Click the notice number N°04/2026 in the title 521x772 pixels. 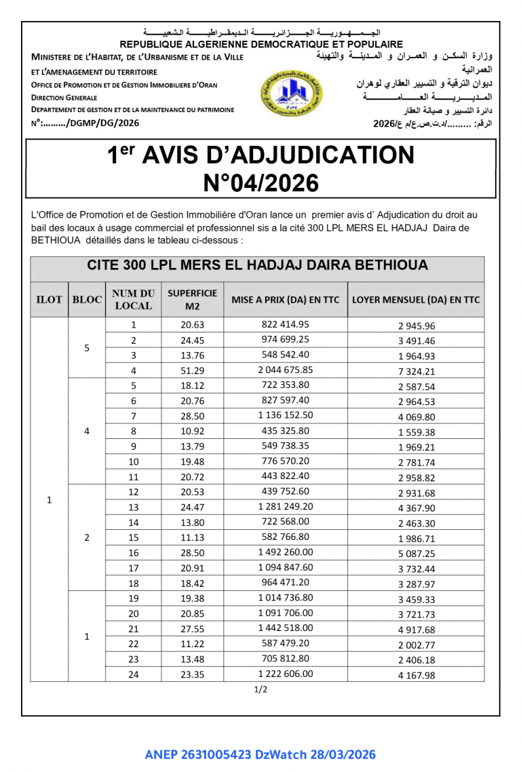(260, 183)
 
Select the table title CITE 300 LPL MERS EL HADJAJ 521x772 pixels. (257, 265)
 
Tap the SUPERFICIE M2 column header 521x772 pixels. (192, 299)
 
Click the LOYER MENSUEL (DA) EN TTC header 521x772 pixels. (415, 299)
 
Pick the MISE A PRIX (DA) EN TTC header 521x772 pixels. (285, 299)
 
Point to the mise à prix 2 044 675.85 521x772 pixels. (285, 370)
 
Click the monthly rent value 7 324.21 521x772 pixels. (416, 371)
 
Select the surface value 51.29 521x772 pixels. (192, 370)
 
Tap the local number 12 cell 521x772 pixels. (134, 492)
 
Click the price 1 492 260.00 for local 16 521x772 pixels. (285, 552)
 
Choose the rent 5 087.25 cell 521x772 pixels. (416, 554)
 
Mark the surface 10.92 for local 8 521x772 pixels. (192, 431)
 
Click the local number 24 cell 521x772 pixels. (134, 674)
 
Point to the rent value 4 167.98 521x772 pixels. (416, 675)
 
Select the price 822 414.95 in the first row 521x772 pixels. (285, 324)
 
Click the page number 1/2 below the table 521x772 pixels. (260, 690)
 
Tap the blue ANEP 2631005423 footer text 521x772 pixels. (260, 754)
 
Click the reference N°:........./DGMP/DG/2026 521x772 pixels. (85, 123)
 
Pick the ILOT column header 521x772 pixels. (49, 299)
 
